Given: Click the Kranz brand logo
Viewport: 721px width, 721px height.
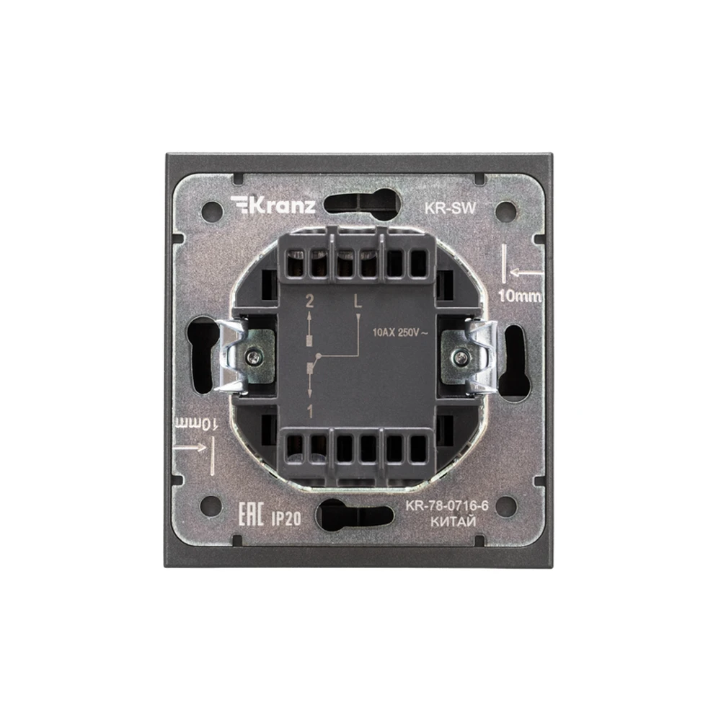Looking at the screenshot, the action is tap(273, 205).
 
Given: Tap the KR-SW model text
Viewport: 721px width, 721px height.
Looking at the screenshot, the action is tap(450, 208).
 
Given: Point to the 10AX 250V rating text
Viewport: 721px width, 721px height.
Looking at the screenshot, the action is tap(400, 332).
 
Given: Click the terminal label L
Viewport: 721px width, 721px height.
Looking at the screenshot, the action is tap(358, 301).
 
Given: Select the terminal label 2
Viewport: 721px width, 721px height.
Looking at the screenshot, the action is tap(309, 301).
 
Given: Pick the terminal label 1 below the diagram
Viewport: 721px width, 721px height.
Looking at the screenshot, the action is tap(310, 412).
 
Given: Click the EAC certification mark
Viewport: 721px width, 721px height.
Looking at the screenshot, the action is tap(251, 515).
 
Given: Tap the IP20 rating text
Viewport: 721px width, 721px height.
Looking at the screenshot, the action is tap(286, 519).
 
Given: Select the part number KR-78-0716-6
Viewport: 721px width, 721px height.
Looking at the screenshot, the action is tap(446, 506).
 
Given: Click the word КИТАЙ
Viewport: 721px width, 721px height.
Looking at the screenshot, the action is tap(453, 522).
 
